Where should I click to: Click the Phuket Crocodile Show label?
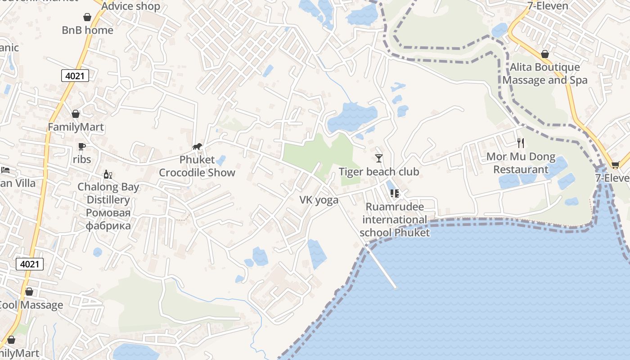[x=197, y=166]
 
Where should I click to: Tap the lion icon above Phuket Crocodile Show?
[x=197, y=146]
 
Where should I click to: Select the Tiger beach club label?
[x=378, y=172]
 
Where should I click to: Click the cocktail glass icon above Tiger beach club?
[x=379, y=158]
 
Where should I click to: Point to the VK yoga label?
[x=319, y=200]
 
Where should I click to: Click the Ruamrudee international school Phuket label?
[x=395, y=220]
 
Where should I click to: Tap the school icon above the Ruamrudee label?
[x=395, y=193]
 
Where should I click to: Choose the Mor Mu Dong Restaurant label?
[x=521, y=163]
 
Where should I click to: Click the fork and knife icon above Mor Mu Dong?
[x=521, y=143]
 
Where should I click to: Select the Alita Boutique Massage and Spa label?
[x=545, y=74]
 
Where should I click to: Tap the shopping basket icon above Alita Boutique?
[x=545, y=54]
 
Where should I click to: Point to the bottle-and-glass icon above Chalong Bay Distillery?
[x=108, y=174]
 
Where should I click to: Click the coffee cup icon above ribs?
[x=81, y=146]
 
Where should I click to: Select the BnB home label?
[x=87, y=30]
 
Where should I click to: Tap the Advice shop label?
[x=130, y=6]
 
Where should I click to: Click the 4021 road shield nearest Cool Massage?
[x=30, y=264]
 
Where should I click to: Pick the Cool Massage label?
[x=31, y=305]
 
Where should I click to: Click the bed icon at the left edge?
[x=5, y=170]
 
